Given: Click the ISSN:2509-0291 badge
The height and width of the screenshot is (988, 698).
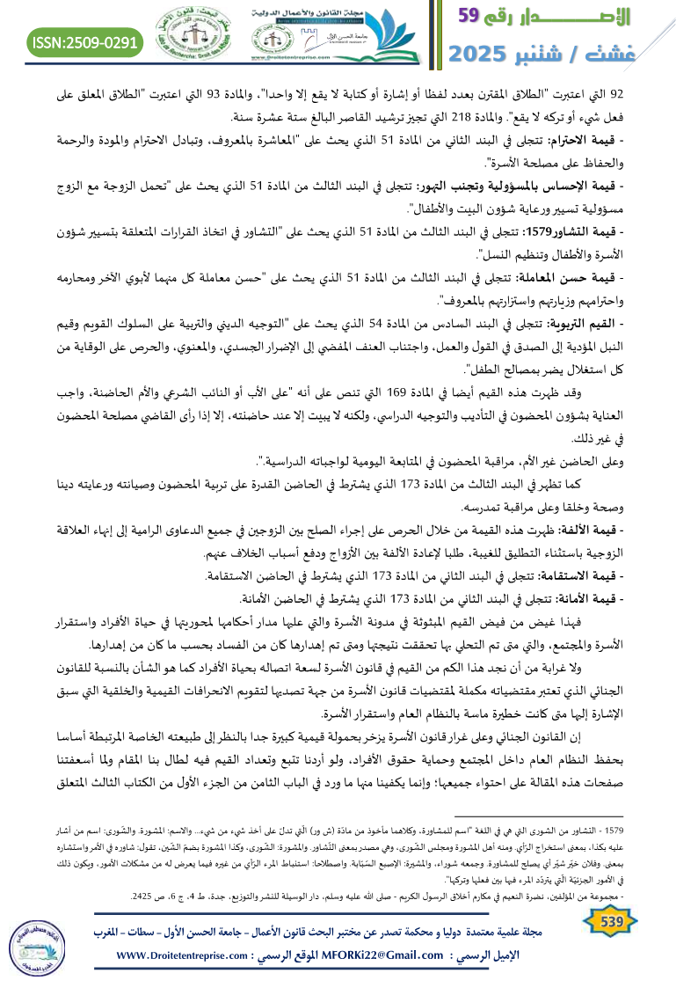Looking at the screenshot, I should pos(85,41).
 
